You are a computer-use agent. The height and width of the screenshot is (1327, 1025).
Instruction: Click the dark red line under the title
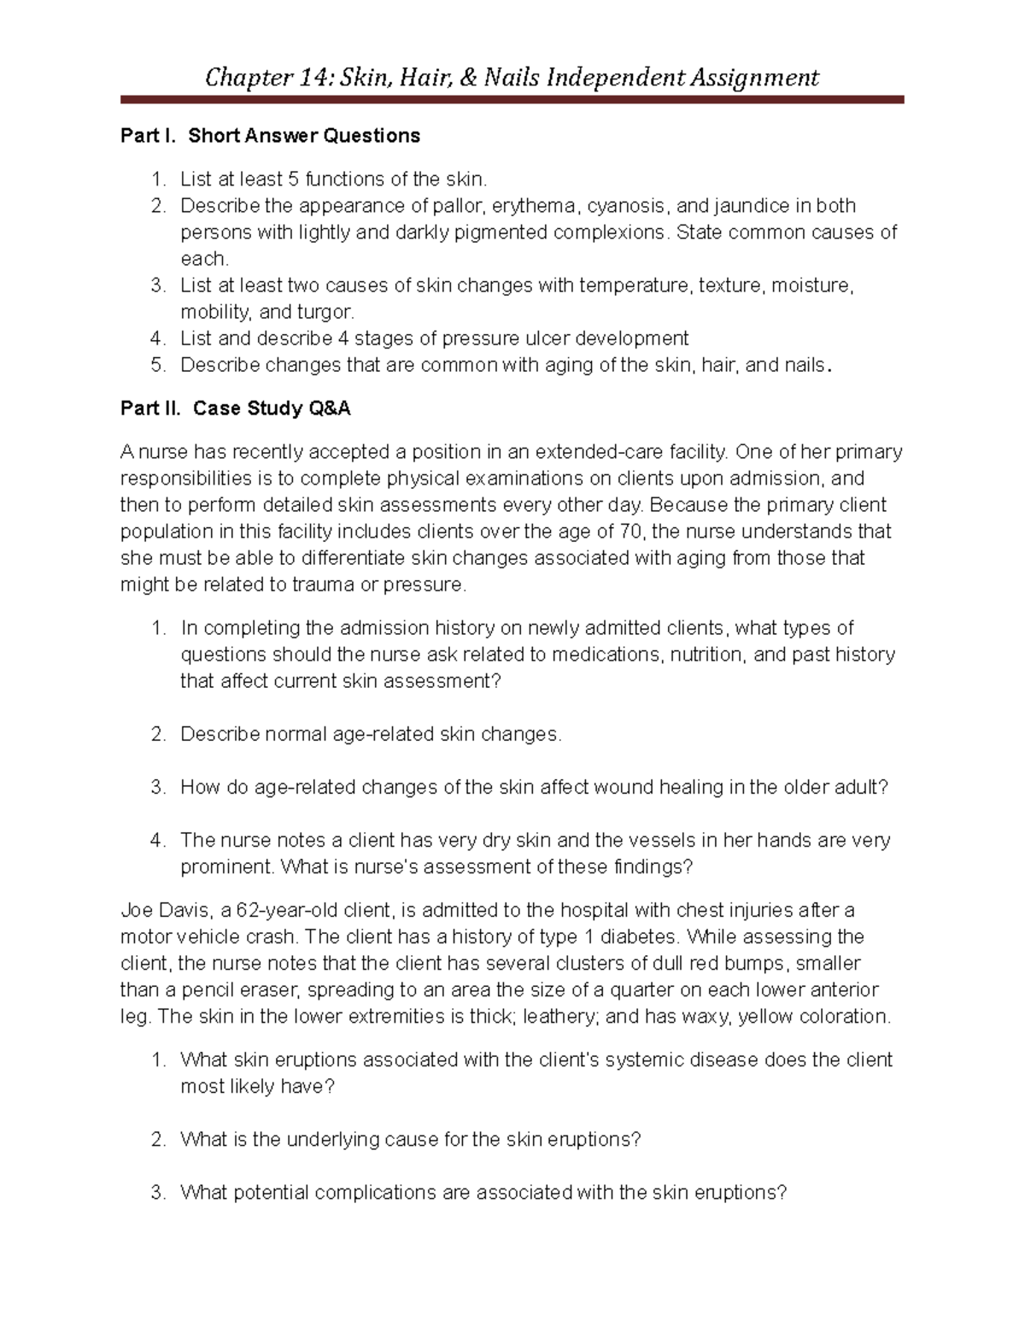pos(512,100)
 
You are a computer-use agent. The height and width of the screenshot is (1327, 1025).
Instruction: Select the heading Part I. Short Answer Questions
pos(270,136)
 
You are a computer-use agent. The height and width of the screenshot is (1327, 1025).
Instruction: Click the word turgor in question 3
pos(324,312)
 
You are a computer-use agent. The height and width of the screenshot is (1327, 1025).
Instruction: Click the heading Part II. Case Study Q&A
pos(236,408)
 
